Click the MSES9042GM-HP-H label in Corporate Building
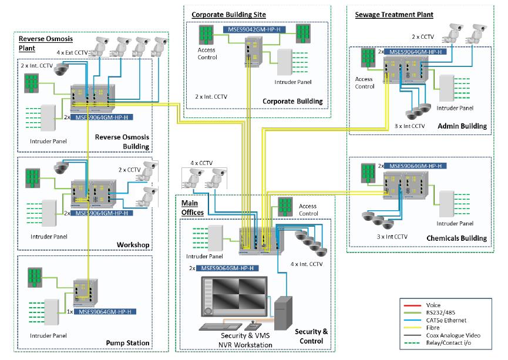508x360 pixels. [x=257, y=29]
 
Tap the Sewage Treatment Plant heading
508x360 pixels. [x=394, y=14]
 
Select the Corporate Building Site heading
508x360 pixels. [x=228, y=14]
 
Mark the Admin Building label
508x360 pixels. [x=462, y=126]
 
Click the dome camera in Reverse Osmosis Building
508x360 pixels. [x=61, y=70]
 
